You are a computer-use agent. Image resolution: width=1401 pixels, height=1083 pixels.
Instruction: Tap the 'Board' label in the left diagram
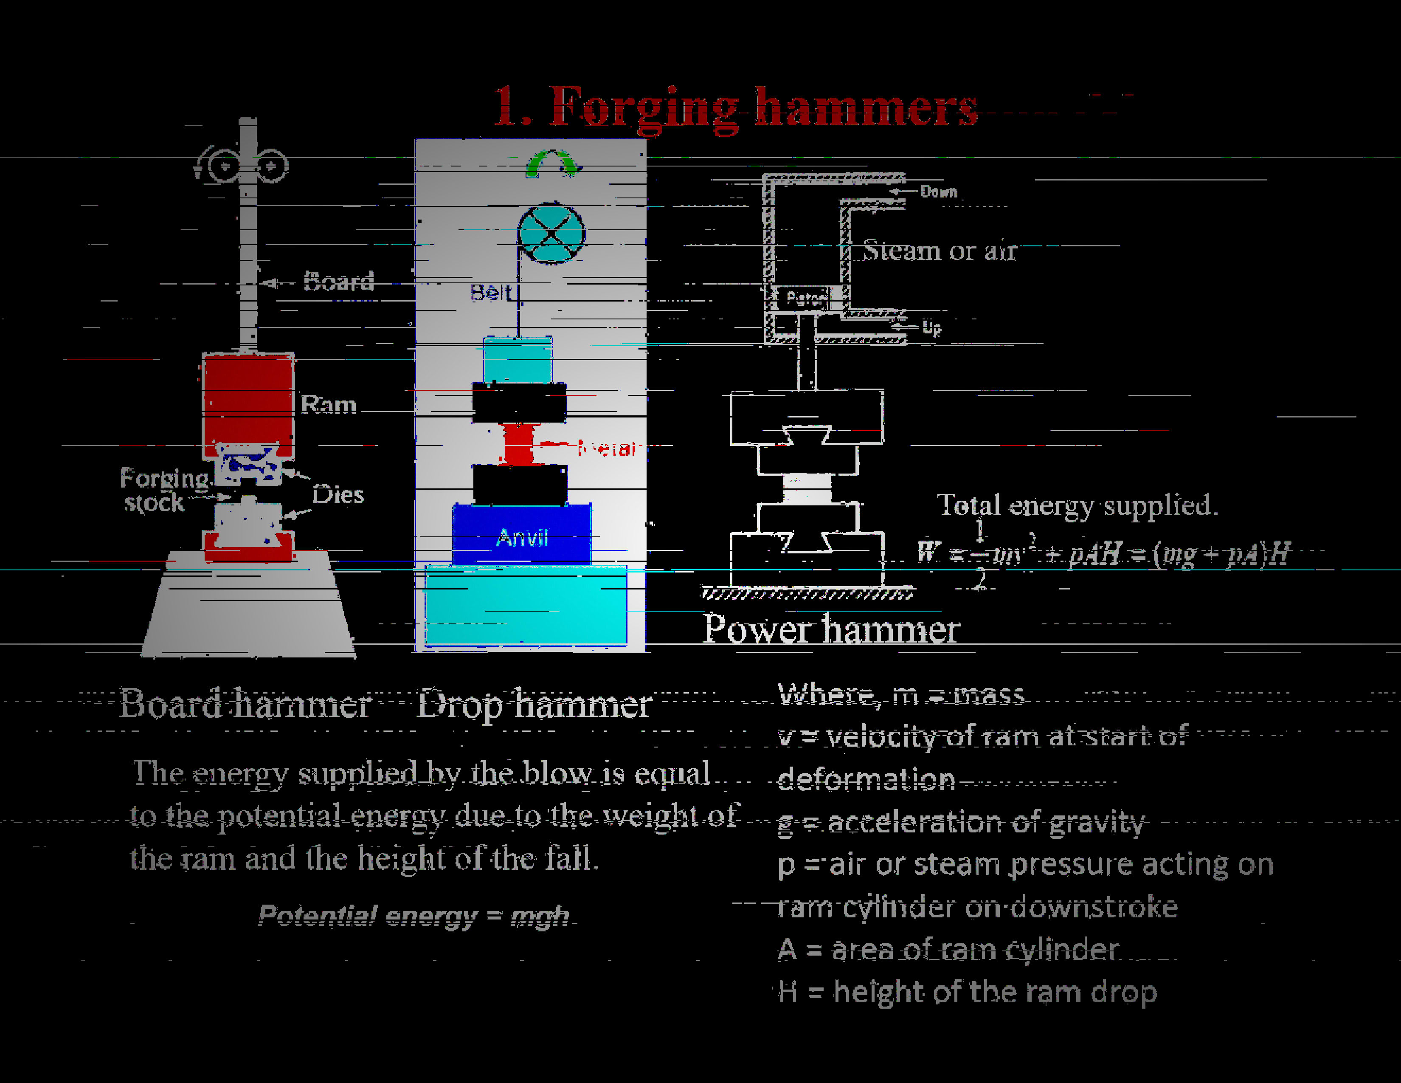click(x=338, y=282)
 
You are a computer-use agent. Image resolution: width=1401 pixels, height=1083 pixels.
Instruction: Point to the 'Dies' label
click(x=338, y=495)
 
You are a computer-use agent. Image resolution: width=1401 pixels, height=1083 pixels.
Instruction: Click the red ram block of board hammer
click(x=248, y=404)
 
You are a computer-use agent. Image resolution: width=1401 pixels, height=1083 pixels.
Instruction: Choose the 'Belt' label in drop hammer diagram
click(x=491, y=293)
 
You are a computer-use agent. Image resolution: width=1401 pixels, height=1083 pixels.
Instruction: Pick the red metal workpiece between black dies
click(x=519, y=443)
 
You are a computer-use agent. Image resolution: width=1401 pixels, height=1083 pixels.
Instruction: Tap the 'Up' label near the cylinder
click(x=931, y=328)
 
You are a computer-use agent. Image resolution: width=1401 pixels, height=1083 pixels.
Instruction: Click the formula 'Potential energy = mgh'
click(x=414, y=916)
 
